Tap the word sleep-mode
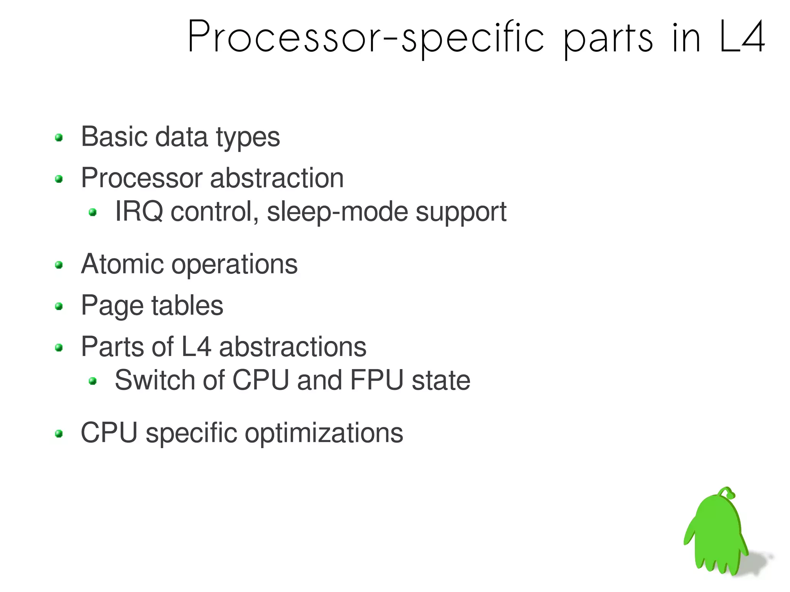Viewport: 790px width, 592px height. [x=337, y=212]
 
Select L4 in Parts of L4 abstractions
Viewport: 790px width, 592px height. [x=196, y=347]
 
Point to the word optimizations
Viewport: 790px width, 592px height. [x=324, y=433]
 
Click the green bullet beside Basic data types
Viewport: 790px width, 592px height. [x=59, y=138]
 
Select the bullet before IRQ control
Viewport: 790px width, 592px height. [x=93, y=212]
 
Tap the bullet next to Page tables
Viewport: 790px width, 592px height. [x=59, y=307]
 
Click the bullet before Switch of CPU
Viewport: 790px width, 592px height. [x=93, y=381]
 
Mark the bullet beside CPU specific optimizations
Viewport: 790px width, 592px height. [x=59, y=434]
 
